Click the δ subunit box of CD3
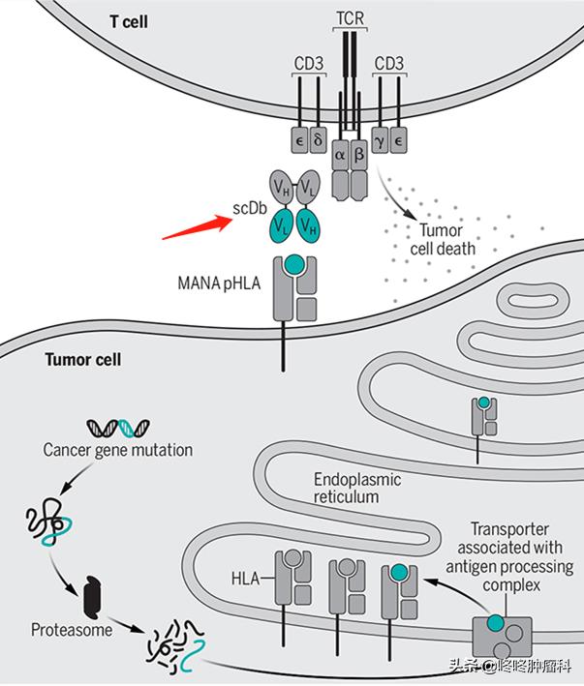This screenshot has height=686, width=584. coord(318,141)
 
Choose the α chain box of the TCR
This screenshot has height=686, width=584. coord(339,153)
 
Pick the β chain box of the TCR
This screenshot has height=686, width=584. coord(358,153)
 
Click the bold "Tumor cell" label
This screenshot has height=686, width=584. coord(83,360)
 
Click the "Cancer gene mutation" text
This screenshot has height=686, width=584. coord(117,450)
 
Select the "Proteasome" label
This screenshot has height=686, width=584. coord(70,630)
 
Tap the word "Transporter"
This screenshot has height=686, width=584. coord(508,528)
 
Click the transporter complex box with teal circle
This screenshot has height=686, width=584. coord(502,632)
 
